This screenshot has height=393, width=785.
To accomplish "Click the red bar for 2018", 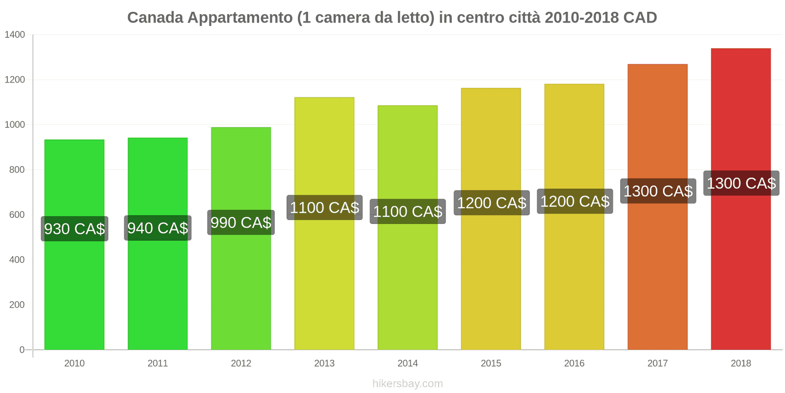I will click(x=740, y=270).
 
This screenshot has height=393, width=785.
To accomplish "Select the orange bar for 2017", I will click(x=657, y=275).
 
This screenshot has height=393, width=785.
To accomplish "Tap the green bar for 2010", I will click(x=74, y=295).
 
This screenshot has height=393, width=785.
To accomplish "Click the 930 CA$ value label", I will click(x=75, y=229).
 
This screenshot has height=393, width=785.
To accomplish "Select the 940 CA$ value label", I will click(x=157, y=228).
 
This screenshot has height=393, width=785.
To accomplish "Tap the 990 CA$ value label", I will click(x=241, y=223).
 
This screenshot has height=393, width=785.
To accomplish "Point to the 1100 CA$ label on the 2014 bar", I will click(x=407, y=212).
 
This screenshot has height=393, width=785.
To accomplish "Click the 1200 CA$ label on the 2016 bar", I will click(x=575, y=201).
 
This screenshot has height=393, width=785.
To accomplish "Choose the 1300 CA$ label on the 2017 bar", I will click(x=658, y=191).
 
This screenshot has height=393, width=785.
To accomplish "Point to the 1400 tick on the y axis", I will click(x=15, y=35).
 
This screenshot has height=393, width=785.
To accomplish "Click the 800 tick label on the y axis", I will click(x=17, y=170).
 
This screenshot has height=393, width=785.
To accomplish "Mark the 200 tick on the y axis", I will click(x=17, y=305).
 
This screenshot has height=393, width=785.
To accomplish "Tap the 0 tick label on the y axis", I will click(x=22, y=350).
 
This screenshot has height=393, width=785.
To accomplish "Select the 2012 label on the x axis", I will click(x=241, y=364).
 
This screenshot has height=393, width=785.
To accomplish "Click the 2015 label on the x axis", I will click(x=491, y=364).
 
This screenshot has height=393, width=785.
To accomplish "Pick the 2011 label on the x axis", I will click(x=157, y=364).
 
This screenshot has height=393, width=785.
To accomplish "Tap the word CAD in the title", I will click(x=640, y=18).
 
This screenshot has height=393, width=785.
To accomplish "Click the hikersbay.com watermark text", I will click(x=407, y=384).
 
